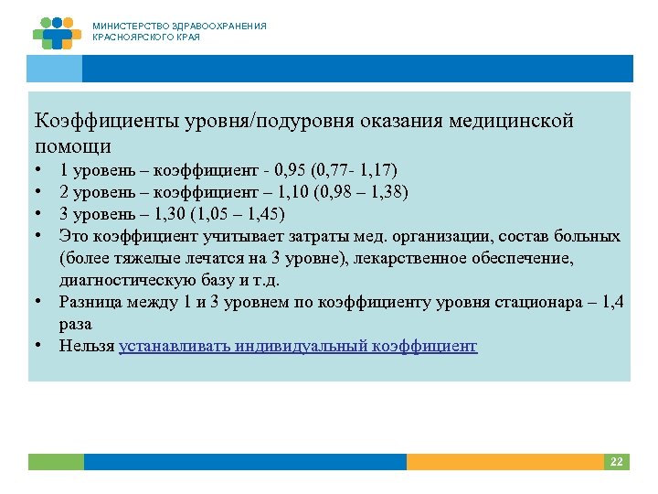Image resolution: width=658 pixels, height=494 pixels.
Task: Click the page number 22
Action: pyautogui.click(x=616, y=462)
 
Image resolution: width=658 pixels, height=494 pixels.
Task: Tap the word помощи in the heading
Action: pyautogui.click(x=73, y=145)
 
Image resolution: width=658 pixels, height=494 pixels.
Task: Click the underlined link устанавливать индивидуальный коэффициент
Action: pyautogui.click(x=298, y=346)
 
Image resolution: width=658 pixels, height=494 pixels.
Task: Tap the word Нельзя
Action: pyautogui.click(x=87, y=346)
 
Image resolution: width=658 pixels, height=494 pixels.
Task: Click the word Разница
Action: pyautogui.click(x=92, y=302)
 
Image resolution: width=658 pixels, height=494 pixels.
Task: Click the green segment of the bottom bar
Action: pyautogui.click(x=56, y=462)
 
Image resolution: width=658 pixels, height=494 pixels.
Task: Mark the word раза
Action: pyautogui.click(x=76, y=324)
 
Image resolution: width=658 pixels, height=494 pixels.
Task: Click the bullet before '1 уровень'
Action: pyautogui.click(x=40, y=170)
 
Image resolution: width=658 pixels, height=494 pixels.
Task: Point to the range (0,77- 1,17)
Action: pyautogui.click(x=354, y=170)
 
